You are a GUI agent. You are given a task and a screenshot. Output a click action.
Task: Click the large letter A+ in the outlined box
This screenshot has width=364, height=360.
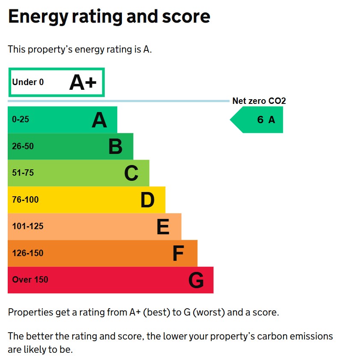(83, 83)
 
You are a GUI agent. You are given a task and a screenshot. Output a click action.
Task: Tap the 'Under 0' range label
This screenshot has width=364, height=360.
(28, 82)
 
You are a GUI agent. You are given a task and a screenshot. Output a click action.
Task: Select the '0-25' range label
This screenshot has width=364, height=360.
(21, 120)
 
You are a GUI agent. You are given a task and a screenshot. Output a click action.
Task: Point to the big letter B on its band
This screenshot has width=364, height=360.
(115, 147)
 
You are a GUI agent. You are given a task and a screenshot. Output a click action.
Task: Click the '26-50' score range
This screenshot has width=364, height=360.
(23, 146)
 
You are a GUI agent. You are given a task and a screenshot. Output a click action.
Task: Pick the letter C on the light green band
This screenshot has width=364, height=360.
(131, 173)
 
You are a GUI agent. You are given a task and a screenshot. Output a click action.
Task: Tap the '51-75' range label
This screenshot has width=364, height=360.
(23, 173)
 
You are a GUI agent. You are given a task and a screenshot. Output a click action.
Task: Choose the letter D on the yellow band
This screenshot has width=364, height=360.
(147, 200)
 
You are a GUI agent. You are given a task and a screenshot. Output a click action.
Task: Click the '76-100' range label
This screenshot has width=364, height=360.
(25, 200)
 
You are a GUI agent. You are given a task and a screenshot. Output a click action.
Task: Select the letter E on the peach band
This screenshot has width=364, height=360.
(163, 227)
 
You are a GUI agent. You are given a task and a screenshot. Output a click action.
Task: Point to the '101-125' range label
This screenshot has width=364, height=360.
(28, 227)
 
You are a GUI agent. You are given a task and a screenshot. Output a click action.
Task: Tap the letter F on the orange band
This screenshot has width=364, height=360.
(178, 254)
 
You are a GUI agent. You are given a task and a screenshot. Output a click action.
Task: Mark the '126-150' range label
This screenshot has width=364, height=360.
(28, 253)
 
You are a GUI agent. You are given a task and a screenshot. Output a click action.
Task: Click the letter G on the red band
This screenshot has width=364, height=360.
(196, 280)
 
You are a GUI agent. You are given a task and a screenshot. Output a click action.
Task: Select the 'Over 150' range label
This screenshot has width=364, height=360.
(30, 280)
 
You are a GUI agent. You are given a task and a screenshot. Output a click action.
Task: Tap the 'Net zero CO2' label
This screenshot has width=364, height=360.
(259, 101)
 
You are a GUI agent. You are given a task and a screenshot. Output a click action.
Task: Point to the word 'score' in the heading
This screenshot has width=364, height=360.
(187, 17)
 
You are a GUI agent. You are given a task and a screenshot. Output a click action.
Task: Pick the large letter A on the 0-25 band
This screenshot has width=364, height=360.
(99, 121)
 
